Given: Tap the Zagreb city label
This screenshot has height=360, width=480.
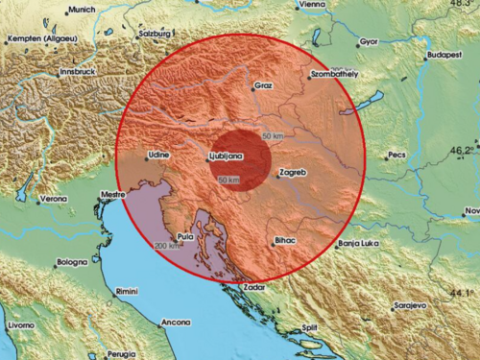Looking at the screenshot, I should coord(291,173).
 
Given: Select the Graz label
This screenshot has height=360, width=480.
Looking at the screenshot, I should coord(264,85).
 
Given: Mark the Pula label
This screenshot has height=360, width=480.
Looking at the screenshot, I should coord(185,234).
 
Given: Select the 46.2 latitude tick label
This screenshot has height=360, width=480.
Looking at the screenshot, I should coord(462,150).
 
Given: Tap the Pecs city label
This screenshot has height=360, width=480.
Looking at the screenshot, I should coord(396,156).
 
